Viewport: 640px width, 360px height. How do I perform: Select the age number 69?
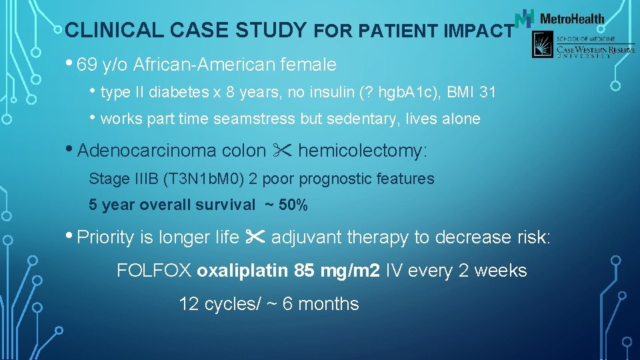pyautogui.click(x=87, y=65)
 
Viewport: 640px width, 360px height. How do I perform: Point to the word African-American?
pyautogui.click(x=189, y=65)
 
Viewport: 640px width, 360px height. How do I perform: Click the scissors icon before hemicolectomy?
pyautogui.click(x=281, y=151)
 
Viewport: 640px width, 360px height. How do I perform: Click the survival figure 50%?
pyautogui.click(x=293, y=205)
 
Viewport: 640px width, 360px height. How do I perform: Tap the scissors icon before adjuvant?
pyautogui.click(x=255, y=237)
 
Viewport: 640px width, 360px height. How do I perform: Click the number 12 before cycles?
pyautogui.click(x=189, y=304)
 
